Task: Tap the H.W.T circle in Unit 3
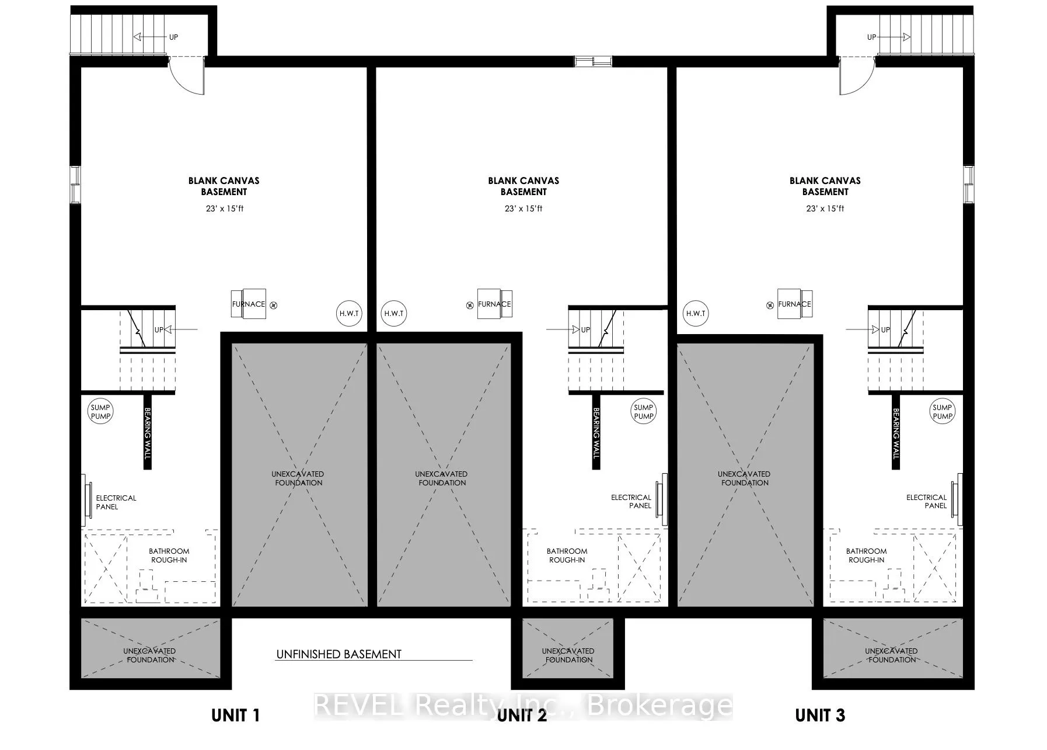tap(696, 313)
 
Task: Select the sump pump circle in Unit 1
tap(100, 412)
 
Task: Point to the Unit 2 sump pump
tap(644, 412)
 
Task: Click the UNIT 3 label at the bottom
tap(820, 715)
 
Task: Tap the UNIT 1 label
tap(235, 715)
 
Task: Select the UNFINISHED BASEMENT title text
tap(338, 654)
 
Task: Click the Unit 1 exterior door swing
tap(187, 76)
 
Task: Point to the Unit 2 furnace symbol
tap(494, 304)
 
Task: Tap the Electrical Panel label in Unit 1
tap(116, 502)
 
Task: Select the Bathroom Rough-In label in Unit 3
tap(866, 555)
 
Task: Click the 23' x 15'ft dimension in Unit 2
tap(523, 209)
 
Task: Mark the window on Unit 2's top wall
tap(593, 60)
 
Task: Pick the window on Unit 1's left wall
tap(75, 185)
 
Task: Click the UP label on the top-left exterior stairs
tap(173, 37)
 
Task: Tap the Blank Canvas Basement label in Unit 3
tap(825, 186)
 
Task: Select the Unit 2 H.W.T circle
tap(394, 313)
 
